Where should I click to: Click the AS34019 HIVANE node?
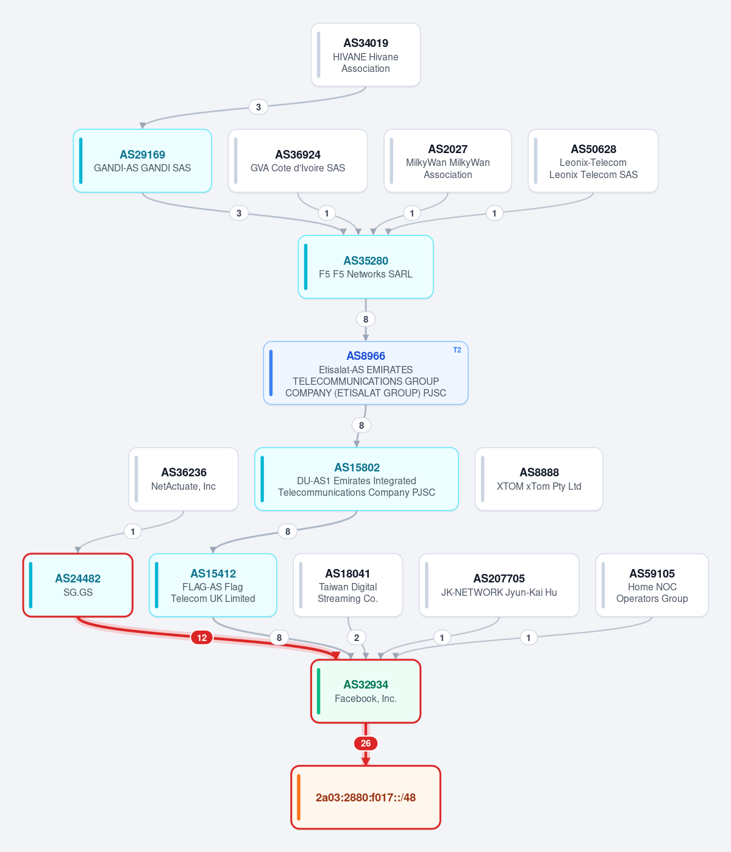(x=366, y=55)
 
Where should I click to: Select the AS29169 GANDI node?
(x=142, y=161)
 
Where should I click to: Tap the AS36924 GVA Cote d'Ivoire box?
(x=298, y=161)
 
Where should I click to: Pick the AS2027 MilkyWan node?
(x=448, y=161)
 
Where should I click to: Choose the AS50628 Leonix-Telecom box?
(x=593, y=161)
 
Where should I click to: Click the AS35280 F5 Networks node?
(x=366, y=267)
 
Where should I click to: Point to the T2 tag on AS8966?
(x=457, y=350)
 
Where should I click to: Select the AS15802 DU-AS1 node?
(x=357, y=479)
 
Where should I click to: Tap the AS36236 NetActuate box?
(x=184, y=479)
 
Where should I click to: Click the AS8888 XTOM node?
(x=538, y=479)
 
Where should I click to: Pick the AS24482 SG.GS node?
(x=78, y=585)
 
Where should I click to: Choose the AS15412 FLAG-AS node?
(x=213, y=585)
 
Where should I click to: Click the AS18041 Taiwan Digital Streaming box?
(x=348, y=585)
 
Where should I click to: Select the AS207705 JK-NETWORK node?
(x=499, y=585)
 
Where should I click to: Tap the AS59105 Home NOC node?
(x=652, y=585)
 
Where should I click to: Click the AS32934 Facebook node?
(x=366, y=691)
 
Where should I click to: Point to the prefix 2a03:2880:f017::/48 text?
(x=366, y=798)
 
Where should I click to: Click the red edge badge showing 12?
(x=202, y=638)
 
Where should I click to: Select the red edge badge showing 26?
(x=366, y=743)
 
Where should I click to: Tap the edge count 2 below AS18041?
(x=357, y=638)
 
